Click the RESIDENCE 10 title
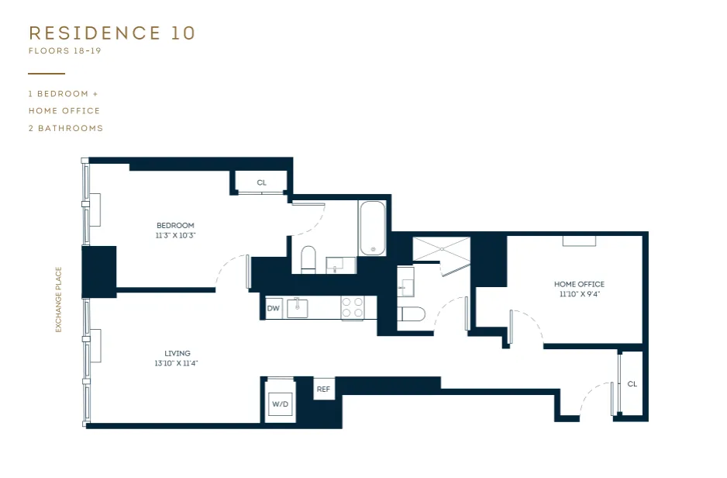(112, 33)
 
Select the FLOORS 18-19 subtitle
(64, 52)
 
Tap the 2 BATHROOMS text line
(66, 128)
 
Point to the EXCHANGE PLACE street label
(58, 300)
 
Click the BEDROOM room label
(175, 225)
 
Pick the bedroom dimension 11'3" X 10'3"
(175, 235)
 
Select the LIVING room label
(177, 353)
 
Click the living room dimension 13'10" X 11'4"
(177, 363)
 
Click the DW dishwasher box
(273, 308)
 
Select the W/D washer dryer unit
(280, 404)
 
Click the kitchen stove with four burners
(353, 308)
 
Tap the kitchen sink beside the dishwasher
(298, 308)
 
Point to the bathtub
(372, 228)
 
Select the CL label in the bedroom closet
(261, 183)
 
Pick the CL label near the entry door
(632, 384)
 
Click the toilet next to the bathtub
(308, 258)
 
